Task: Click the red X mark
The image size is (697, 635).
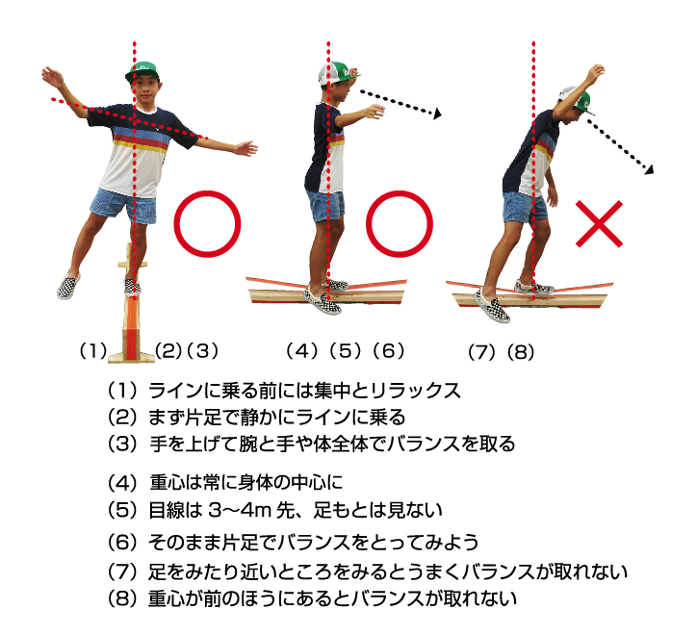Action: point(599,223)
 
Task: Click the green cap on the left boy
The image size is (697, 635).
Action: point(142,71)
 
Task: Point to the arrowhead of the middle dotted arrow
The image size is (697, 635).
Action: point(437,114)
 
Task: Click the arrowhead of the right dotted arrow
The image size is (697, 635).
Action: point(650,169)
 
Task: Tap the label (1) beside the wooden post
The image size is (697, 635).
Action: point(93,351)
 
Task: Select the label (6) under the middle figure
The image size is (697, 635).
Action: point(389,351)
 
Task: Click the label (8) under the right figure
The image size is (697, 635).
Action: point(521,352)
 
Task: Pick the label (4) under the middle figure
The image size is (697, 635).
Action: point(302,351)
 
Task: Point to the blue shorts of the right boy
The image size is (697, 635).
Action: point(525,208)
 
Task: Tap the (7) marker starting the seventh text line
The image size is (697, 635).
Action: point(122,571)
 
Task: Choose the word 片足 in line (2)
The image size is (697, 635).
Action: point(202,418)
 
